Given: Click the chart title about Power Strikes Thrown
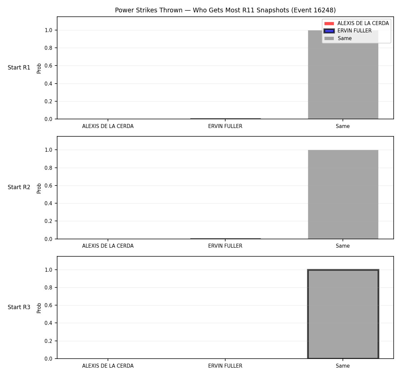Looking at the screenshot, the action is point(225,10).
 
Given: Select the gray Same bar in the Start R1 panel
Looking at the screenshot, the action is point(343,75).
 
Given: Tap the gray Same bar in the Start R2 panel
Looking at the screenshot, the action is point(343,195).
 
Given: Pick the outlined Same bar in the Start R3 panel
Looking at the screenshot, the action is point(343,314).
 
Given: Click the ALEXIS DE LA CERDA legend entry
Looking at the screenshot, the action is point(356,23).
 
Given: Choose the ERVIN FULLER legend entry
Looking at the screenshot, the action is point(348,31).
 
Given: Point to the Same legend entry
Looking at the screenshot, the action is point(338,38).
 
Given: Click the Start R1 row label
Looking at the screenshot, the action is point(19,68).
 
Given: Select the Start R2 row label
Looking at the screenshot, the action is point(19,187).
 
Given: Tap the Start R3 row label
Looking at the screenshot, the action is point(19,307).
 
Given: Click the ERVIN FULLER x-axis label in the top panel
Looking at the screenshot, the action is point(225,126).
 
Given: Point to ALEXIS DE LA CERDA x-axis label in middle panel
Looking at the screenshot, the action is point(108,246).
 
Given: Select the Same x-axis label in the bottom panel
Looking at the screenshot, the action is point(343,366).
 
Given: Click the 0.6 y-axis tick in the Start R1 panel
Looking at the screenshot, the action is point(48,66).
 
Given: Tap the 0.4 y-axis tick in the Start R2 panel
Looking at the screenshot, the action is point(48,203).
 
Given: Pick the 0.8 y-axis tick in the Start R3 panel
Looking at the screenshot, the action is point(48,287).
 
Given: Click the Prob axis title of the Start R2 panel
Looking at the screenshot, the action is point(39,189).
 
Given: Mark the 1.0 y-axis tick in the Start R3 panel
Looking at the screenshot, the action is point(48,270).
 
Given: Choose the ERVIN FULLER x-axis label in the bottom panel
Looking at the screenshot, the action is point(225,366).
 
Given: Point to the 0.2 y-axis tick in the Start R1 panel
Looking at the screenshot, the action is point(48,101).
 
